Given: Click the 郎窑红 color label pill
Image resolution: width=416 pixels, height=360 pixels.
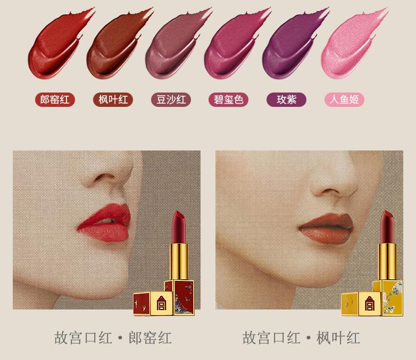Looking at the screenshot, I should point(55,99).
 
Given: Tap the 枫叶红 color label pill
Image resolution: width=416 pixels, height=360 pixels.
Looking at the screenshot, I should point(113,99).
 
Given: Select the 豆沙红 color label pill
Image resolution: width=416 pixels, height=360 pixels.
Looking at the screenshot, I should point(171,99).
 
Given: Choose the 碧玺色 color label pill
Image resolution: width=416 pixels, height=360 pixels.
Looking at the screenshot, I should point(229,99).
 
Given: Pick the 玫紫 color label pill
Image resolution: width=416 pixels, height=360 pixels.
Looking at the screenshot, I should point(286,99).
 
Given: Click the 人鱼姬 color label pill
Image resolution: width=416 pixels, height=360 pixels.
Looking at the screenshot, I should point(344,99).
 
